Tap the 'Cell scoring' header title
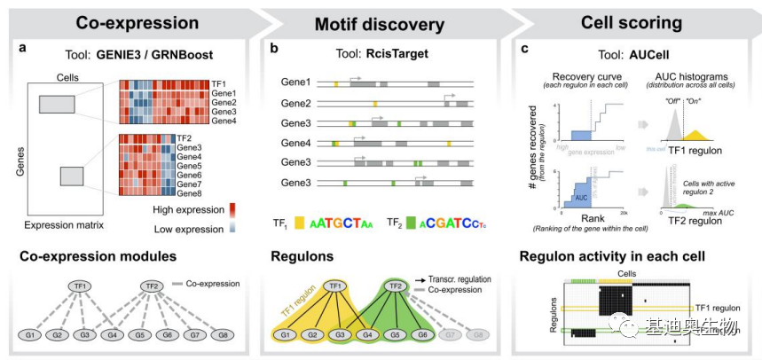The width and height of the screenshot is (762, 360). pyautogui.click(x=631, y=22)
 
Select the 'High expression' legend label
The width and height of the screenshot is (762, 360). pyautogui.click(x=189, y=210)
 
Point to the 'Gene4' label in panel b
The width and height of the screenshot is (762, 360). pyautogui.click(x=295, y=143)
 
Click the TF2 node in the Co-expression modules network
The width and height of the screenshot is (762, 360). pyautogui.click(x=152, y=286)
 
